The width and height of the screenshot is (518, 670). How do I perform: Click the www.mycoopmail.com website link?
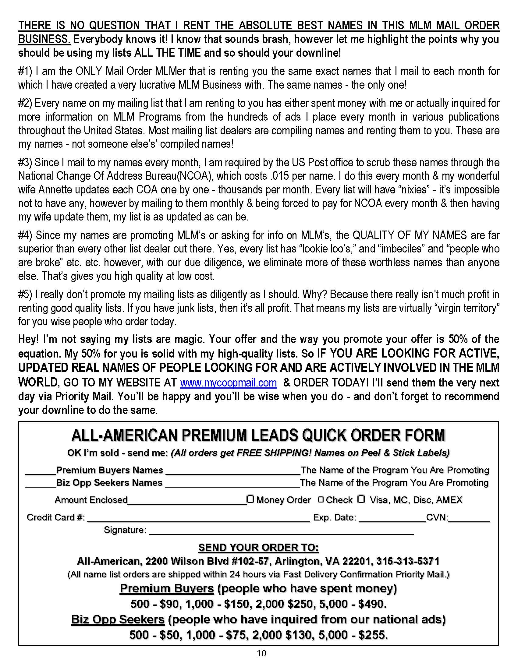228,383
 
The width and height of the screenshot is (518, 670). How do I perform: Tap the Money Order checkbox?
250,499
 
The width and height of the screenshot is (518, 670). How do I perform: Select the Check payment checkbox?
321,500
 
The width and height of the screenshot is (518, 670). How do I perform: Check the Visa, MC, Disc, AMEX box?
361,499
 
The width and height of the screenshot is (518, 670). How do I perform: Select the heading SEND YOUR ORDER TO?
258,547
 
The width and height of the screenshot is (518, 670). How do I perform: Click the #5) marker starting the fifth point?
26,294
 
